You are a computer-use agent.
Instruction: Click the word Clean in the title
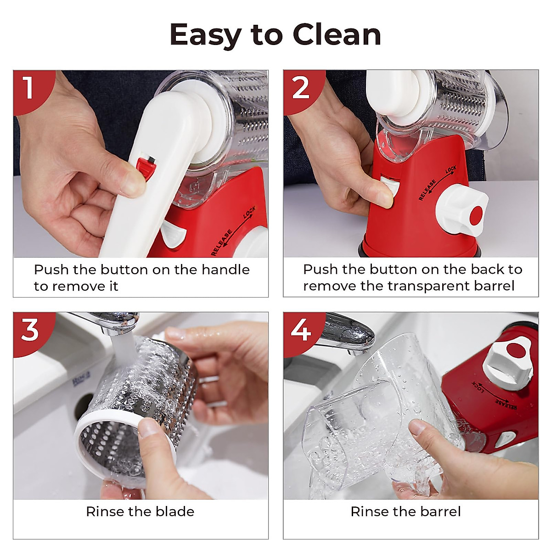coord(337,34)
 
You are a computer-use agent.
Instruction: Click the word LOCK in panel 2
coord(450,170)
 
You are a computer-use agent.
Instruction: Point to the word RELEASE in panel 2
coord(427,190)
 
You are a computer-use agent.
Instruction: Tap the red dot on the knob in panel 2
coord(476,214)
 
